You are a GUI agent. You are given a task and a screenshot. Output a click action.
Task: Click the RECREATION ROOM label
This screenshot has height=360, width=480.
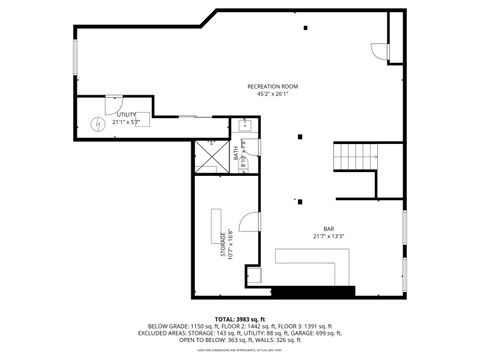click(273, 87)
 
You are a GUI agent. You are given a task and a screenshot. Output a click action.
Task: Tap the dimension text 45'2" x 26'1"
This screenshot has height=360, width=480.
click(273, 95)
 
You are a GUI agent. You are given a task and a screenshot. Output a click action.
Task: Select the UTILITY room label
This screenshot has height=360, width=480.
click(125, 115)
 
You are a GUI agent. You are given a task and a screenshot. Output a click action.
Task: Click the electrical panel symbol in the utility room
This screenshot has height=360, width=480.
click(97, 123)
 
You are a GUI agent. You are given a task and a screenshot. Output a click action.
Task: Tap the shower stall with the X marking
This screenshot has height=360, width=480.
click(211, 156)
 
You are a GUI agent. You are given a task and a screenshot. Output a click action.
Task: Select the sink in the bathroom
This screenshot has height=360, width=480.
click(242, 126)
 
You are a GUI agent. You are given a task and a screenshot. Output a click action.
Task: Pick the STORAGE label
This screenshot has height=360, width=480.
click(223, 244)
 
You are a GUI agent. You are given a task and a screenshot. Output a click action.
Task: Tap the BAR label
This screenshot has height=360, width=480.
click(328, 229)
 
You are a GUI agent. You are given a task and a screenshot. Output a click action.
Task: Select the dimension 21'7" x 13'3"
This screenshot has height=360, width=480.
click(328, 237)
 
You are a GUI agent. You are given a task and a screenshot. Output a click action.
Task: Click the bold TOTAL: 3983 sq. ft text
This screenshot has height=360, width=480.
click(239, 317)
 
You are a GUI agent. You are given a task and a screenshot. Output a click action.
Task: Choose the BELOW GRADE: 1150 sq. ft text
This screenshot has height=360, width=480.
click(186, 326)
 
